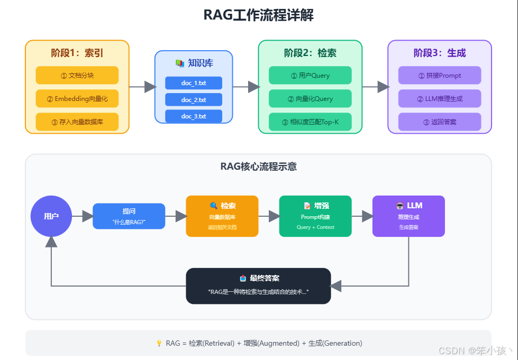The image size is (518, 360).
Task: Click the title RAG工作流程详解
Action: (259, 15)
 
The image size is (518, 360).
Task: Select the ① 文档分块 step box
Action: (77, 75)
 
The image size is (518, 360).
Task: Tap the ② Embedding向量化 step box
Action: (77, 98)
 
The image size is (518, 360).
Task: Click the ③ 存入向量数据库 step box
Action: (77, 122)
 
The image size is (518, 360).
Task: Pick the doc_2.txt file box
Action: (194, 99)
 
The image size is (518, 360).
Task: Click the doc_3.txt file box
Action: (194, 116)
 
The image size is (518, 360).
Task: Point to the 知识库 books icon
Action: (180, 63)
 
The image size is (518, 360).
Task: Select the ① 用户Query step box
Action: (310, 75)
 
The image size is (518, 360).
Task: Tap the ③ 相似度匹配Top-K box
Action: (310, 122)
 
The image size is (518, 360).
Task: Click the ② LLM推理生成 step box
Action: (440, 98)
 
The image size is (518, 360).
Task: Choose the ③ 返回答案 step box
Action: (440, 122)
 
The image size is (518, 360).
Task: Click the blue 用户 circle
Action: (51, 216)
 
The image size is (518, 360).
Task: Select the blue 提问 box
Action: (129, 216)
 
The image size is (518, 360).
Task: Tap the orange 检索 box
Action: (222, 216)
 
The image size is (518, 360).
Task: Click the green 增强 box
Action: (315, 216)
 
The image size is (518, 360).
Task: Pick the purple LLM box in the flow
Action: (408, 216)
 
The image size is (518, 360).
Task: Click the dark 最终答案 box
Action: (258, 285)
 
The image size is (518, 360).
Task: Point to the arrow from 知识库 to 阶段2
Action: (246, 87)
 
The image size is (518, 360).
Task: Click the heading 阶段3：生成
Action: (440, 53)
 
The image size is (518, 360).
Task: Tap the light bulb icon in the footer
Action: (159, 343)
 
